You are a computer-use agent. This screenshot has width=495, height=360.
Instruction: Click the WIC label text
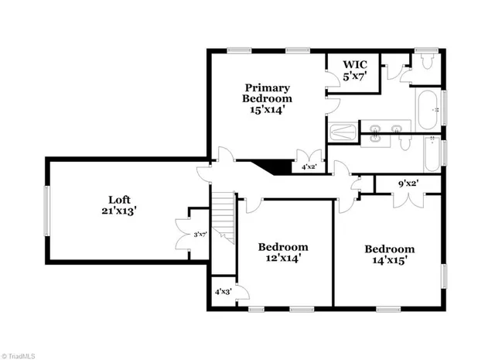pyautogui.click(x=355, y=64)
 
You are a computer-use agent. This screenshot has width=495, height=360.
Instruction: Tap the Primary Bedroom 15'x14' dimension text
pyautogui.click(x=267, y=110)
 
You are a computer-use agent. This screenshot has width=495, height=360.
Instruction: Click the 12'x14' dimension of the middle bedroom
pyautogui.click(x=283, y=259)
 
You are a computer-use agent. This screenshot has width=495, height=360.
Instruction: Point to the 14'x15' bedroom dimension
pyautogui.click(x=390, y=260)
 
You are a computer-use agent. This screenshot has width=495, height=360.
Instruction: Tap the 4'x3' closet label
pyautogui.click(x=224, y=292)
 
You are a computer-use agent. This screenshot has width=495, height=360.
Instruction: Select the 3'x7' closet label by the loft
pyautogui.click(x=199, y=234)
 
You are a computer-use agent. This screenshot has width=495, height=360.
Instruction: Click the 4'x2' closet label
pyautogui.click(x=308, y=166)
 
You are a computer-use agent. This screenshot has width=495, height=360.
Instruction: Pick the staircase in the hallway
pyautogui.click(x=223, y=217)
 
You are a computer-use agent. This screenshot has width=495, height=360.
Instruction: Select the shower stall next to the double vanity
pyautogui.click(x=341, y=133)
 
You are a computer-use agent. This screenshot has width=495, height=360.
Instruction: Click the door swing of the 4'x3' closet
pyautogui.click(x=241, y=292)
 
